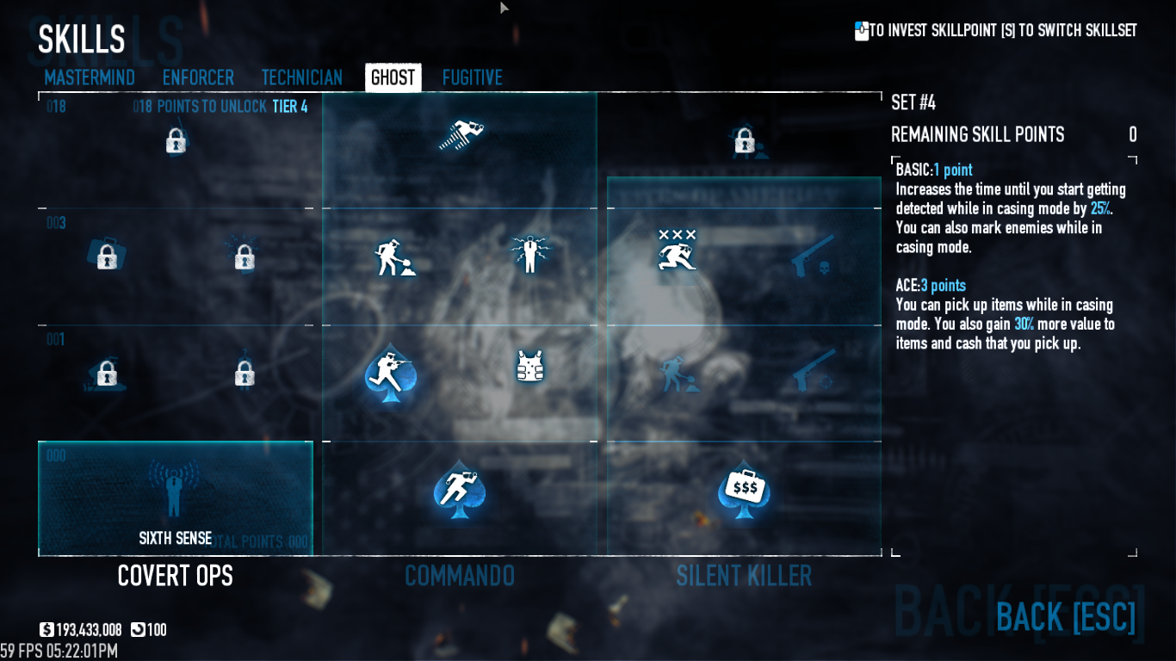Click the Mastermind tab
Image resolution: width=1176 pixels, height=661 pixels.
pyautogui.click(x=90, y=77)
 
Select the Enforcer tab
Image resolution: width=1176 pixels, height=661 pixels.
pyautogui.click(x=198, y=77)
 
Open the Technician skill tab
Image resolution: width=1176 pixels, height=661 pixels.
pyautogui.click(x=302, y=77)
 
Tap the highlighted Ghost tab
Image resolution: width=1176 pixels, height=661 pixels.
pyautogui.click(x=393, y=77)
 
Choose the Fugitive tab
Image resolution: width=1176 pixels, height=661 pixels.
pyautogui.click(x=473, y=77)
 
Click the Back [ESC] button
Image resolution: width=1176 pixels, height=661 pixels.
pyautogui.click(x=1066, y=617)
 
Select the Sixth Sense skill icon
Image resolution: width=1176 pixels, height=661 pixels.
pyautogui.click(x=175, y=486)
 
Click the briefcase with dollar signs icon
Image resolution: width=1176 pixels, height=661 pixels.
pyautogui.click(x=743, y=489)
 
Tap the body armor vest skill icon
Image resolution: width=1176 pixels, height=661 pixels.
pyautogui.click(x=530, y=366)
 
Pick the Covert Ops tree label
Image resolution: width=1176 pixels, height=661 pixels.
pyautogui.click(x=176, y=576)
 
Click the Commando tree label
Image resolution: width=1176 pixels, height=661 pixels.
pyautogui.click(x=460, y=576)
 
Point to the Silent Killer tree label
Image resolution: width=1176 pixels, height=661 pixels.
pyautogui.click(x=744, y=576)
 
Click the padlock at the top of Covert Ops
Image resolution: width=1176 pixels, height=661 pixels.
pyautogui.click(x=176, y=140)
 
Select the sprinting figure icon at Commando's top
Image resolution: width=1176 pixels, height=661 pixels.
pyautogui.click(x=462, y=134)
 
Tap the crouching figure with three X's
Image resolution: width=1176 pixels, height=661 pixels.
pyautogui.click(x=677, y=250)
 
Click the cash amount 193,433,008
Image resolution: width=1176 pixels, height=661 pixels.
pyautogui.click(x=89, y=630)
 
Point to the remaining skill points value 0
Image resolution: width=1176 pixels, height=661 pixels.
pyautogui.click(x=1133, y=135)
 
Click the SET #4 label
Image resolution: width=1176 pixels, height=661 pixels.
pyautogui.click(x=913, y=103)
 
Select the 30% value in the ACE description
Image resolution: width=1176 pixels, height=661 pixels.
pyautogui.click(x=1024, y=324)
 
